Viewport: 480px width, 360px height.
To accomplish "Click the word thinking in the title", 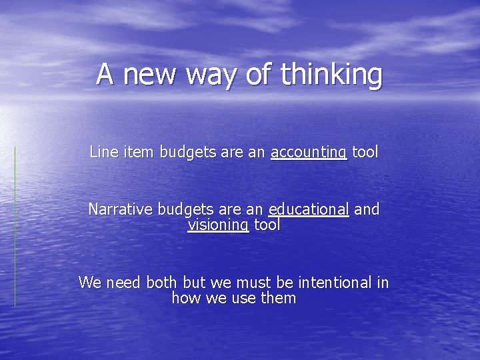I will pyautogui.click(x=332, y=75).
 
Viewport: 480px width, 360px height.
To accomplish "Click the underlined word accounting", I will pyautogui.click(x=309, y=153).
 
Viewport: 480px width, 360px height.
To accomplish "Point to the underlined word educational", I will pyautogui.click(x=308, y=210).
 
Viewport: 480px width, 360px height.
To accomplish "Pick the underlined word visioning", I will pyautogui.click(x=219, y=225).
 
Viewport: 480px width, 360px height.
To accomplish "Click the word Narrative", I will pyautogui.click(x=121, y=209).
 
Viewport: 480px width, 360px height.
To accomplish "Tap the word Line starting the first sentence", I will pyautogui.click(x=102, y=152).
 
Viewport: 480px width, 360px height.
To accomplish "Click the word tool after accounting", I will pyautogui.click(x=365, y=152).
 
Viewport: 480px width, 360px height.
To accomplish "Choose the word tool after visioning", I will pyautogui.click(x=266, y=225).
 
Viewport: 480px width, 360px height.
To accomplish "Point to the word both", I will pyautogui.click(x=161, y=283).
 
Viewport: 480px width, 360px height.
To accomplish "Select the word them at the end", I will pyautogui.click(x=278, y=298).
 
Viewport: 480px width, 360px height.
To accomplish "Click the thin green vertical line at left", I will pyautogui.click(x=15, y=227).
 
